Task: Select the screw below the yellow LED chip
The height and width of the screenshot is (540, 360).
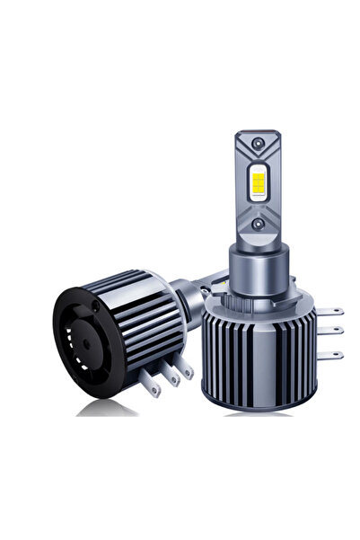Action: tap(258, 222)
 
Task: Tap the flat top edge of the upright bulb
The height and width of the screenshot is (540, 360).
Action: tap(258, 132)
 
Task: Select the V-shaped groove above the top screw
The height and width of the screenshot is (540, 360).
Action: tap(258, 137)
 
